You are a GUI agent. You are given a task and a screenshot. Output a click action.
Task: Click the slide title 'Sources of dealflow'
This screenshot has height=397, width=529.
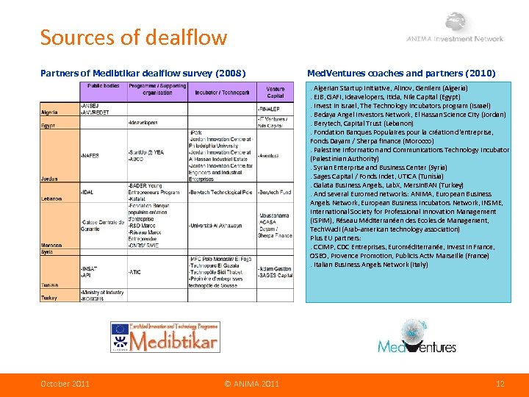click(x=133, y=37)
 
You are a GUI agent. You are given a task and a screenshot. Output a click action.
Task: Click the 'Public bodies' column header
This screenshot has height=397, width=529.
click(x=104, y=86)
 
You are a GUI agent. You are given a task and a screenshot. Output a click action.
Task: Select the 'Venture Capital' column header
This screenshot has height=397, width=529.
click(x=275, y=92)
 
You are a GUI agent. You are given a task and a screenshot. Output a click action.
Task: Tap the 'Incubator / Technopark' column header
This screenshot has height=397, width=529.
click(x=222, y=93)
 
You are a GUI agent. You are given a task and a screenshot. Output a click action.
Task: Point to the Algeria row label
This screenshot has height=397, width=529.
click(x=49, y=113)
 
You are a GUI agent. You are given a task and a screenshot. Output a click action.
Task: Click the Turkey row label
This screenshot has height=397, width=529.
click(x=48, y=297)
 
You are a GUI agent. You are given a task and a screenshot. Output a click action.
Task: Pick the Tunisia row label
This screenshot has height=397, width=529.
click(x=49, y=285)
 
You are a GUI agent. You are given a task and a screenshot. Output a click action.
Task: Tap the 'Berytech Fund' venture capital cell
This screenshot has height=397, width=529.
click(x=275, y=192)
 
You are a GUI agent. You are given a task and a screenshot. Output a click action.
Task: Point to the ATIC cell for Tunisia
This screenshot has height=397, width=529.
click(x=135, y=272)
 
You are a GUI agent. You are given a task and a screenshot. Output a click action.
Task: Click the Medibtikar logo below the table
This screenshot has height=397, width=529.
click(x=165, y=337)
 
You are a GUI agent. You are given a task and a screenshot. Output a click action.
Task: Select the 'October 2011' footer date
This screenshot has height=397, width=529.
click(x=65, y=384)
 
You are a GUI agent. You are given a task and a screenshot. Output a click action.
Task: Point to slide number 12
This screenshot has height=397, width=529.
click(x=500, y=384)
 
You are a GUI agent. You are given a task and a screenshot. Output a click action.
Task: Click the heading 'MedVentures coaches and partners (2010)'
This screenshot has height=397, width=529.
click(x=400, y=73)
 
